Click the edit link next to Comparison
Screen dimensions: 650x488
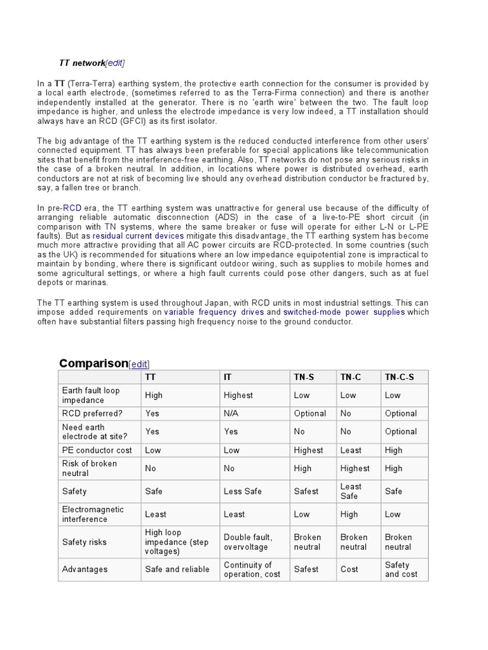[139, 364]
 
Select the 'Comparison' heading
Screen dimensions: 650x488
[93, 363]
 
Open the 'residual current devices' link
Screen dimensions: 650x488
[138, 235]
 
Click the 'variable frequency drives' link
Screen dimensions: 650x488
[214, 312]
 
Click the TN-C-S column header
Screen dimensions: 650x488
[399, 377]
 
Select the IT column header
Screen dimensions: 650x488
[228, 377]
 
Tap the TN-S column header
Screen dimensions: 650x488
[304, 377]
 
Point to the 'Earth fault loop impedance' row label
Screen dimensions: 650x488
[91, 395]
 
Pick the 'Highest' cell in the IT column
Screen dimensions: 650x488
[238, 395]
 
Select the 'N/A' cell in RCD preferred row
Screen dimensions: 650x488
[232, 413]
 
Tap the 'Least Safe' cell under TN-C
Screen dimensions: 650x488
[351, 491]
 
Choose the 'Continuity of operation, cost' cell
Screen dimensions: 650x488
[252, 569]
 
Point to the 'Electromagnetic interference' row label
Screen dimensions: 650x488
[93, 514]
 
